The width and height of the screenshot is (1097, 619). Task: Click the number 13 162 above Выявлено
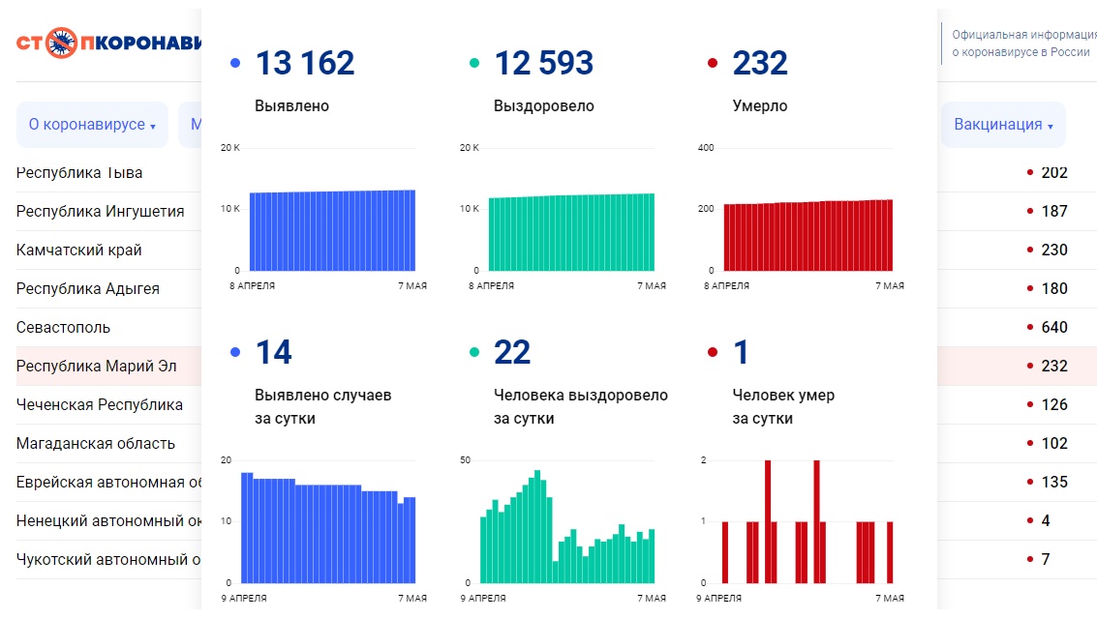pyautogui.click(x=304, y=64)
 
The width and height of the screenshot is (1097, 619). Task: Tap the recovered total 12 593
pyautogui.click(x=543, y=64)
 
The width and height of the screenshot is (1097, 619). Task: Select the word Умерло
pyautogui.click(x=760, y=106)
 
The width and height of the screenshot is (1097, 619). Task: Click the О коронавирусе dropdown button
pyautogui.click(x=92, y=125)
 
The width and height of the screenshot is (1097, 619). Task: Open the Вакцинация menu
pyautogui.click(x=1003, y=125)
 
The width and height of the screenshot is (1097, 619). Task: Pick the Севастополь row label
pyautogui.click(x=63, y=327)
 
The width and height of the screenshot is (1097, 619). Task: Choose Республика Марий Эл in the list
pyautogui.click(x=96, y=366)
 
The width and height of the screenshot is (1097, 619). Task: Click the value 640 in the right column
pyautogui.click(x=1053, y=327)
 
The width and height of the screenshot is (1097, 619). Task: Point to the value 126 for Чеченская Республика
pyautogui.click(x=1053, y=404)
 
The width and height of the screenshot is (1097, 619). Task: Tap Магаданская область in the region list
pyautogui.click(x=96, y=443)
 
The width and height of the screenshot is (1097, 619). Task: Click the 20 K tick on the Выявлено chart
pyautogui.click(x=229, y=148)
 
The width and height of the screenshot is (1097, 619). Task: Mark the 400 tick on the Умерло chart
pyautogui.click(x=706, y=148)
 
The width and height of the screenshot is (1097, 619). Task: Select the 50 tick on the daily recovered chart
pyautogui.click(x=465, y=460)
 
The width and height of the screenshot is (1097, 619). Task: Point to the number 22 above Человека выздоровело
pyautogui.click(x=512, y=353)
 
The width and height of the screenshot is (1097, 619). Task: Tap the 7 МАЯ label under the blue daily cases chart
pyautogui.click(x=411, y=599)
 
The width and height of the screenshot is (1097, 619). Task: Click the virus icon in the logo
pyautogui.click(x=62, y=44)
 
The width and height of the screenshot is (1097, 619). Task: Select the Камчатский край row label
pyautogui.click(x=78, y=250)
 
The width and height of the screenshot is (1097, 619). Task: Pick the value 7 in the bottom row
pyautogui.click(x=1045, y=559)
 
